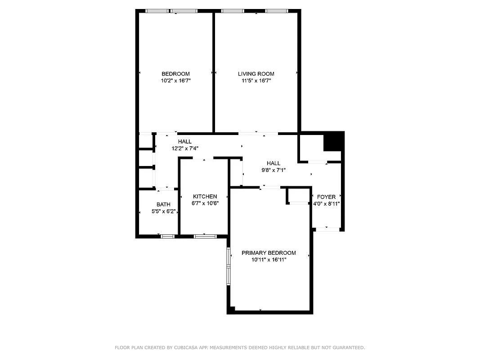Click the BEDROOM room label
(175, 74)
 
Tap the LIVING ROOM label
(256, 74)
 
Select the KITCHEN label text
(205, 197)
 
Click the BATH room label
(163, 204)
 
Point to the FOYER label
(326, 197)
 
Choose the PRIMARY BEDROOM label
(269, 253)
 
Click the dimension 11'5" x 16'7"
(256, 81)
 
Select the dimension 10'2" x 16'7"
(175, 81)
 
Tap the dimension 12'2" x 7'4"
(184, 148)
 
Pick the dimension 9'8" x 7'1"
(273, 170)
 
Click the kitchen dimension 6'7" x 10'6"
(205, 203)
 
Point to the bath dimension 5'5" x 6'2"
(163, 211)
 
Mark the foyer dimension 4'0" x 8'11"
(326, 203)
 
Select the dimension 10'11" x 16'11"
(269, 260)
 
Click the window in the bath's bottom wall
(168, 236)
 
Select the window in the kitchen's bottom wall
(205, 236)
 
